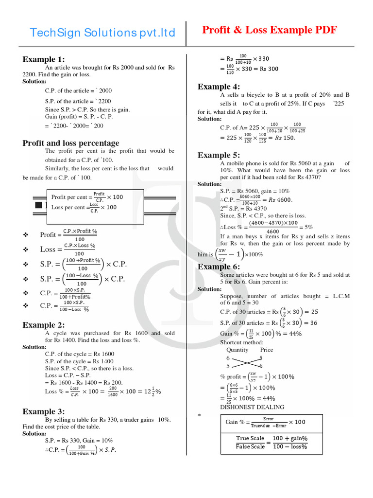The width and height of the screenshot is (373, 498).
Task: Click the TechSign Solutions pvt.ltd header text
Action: point(102,33)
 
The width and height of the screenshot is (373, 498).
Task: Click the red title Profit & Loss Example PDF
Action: point(269,30)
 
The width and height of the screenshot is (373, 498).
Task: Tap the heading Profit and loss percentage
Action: point(71,143)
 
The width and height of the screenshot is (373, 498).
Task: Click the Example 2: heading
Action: point(43,325)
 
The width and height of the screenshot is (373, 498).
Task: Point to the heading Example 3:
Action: point(43,411)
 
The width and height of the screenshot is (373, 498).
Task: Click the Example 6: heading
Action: point(219,267)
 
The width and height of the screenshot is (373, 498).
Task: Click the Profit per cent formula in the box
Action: point(87,197)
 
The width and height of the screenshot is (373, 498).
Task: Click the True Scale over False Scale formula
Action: point(271,442)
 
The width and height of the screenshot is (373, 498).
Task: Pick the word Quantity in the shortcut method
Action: point(237,350)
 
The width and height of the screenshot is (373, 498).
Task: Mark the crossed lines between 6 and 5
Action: point(246,361)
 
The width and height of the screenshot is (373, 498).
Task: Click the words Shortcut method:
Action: point(241,342)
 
